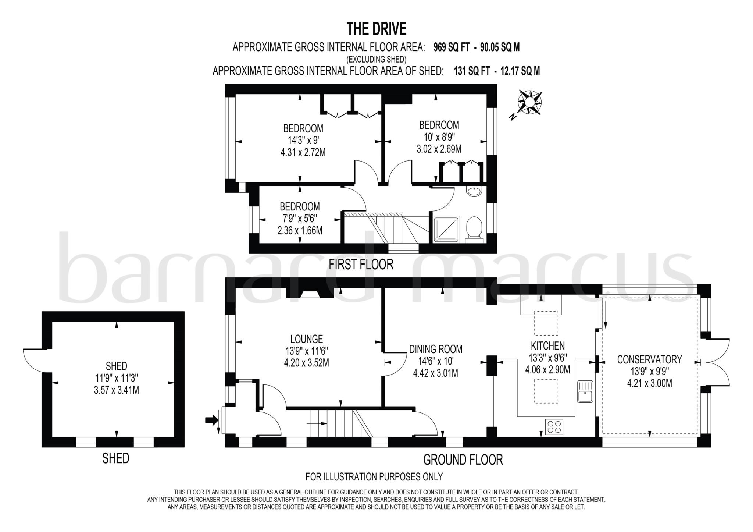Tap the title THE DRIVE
(376, 28)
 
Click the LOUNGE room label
(306, 338)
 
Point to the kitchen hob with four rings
(554, 427)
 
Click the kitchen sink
(585, 391)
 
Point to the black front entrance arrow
(211, 419)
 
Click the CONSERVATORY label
(649, 359)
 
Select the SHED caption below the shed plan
(115, 458)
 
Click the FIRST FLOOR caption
(361, 264)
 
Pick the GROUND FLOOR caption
(463, 460)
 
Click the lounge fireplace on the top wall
(310, 294)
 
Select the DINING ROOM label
(436, 349)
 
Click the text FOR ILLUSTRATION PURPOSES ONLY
(374, 477)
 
